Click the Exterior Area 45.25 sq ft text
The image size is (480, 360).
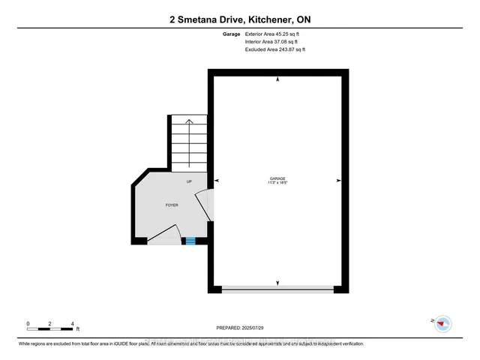[x=276, y=34]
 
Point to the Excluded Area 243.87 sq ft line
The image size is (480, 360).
[x=275, y=50]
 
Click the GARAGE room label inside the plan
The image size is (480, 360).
[x=277, y=178]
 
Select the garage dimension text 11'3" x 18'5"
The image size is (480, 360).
[x=277, y=183]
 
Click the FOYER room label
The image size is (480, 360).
[x=172, y=205]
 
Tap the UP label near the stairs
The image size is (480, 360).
[x=190, y=182]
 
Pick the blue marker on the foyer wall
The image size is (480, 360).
[x=190, y=241]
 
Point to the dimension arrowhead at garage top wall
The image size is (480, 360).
[x=278, y=79]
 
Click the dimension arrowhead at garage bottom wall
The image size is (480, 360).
[x=278, y=283]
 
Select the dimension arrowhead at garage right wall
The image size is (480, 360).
[x=338, y=181]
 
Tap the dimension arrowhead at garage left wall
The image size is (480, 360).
[x=217, y=181]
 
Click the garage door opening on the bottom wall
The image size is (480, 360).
[x=278, y=288]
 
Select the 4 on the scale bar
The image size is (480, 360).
[x=72, y=323]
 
